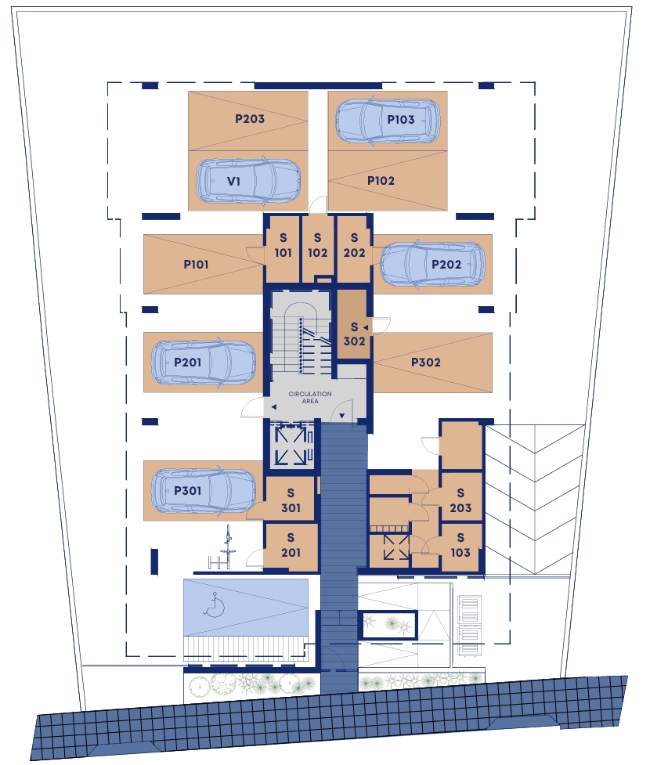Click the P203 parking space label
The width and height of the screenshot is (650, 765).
(250, 118)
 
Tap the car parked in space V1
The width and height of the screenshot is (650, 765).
(248, 181)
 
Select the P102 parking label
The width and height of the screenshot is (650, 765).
(381, 181)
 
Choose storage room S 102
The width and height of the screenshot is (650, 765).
(318, 249)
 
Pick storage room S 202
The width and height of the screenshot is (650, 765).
(354, 249)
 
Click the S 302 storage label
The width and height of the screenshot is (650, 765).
(354, 334)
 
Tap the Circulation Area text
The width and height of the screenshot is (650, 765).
(310, 397)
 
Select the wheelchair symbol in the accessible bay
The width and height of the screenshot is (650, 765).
(214, 605)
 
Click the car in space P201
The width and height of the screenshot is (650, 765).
(204, 362)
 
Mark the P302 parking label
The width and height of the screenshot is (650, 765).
(426, 362)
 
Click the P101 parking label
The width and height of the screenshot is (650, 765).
(196, 265)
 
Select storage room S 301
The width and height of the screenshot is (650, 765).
(291, 500)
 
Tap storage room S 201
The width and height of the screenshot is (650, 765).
(291, 546)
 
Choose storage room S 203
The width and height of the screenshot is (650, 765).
(460, 500)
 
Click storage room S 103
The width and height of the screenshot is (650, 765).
(460, 546)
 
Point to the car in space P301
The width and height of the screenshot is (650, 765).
(204, 491)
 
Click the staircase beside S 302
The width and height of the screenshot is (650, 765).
(301, 337)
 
